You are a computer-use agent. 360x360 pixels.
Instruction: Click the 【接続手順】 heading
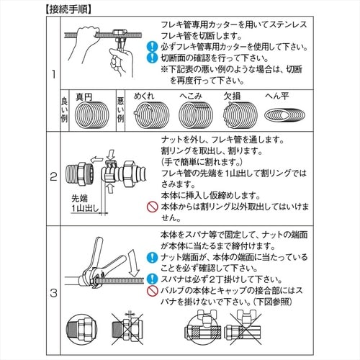coord(68,9)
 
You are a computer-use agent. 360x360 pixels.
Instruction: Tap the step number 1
coord(54,74)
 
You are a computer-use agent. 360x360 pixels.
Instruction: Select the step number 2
coord(53,177)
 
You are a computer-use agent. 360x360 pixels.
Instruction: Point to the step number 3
coord(53,293)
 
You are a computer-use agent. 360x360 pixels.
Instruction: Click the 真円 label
coord(84,97)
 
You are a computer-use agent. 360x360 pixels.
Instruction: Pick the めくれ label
coord(143,96)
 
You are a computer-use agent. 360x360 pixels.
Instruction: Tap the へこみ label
coord(191,96)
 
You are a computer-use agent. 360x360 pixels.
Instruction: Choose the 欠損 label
coord(232,96)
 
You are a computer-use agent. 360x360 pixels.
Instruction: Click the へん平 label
coord(276,96)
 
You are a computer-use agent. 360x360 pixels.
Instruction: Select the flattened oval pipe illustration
coord(284,115)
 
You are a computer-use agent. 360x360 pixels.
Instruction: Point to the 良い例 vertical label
coord(64,110)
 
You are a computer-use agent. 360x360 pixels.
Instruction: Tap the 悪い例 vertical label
coord(120,110)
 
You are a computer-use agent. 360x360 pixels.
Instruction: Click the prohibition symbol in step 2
coord(153,207)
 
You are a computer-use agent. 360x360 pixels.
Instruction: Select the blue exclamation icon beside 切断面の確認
coord(152,58)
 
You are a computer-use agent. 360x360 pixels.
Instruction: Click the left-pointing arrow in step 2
coord(97,159)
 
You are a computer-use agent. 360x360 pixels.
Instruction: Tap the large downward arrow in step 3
coord(133,264)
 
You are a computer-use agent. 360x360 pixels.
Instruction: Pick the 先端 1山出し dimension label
coord(85,203)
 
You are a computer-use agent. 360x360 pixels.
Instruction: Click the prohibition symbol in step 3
coord(153,291)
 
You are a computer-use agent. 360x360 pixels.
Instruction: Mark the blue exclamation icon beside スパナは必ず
coord(152,279)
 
